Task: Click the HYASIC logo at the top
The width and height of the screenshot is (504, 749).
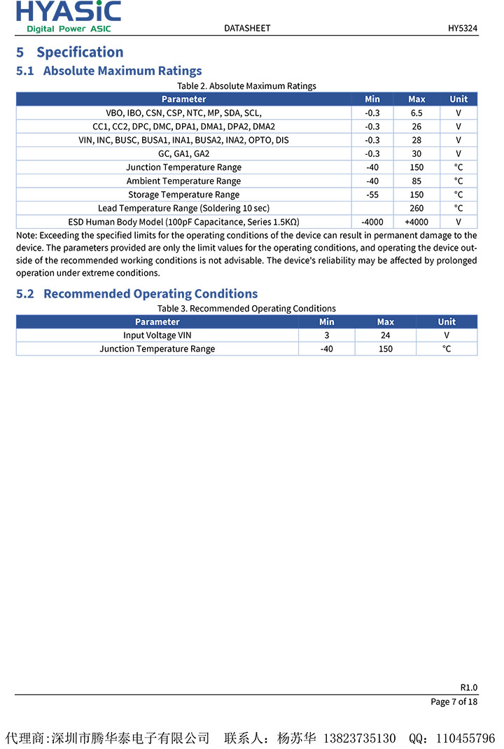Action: pyautogui.click(x=69, y=16)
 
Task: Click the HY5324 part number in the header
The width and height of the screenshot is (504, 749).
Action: pyautogui.click(x=463, y=28)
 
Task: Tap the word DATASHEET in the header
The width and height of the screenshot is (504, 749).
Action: pyautogui.click(x=247, y=28)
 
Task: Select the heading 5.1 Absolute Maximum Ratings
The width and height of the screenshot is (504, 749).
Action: pyautogui.click(x=108, y=71)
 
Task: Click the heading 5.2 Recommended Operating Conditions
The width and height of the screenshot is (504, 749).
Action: pyautogui.click(x=136, y=294)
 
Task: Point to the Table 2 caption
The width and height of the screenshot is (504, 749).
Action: pyautogui.click(x=246, y=86)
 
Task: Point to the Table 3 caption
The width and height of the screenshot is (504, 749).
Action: pyautogui.click(x=246, y=309)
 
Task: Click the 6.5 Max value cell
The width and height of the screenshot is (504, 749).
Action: pyautogui.click(x=416, y=113)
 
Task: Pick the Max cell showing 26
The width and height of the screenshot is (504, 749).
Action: pyautogui.click(x=416, y=127)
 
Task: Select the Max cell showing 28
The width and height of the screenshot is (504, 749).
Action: pyautogui.click(x=416, y=140)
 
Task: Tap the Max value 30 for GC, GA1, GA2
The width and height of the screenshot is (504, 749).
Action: pyautogui.click(x=416, y=154)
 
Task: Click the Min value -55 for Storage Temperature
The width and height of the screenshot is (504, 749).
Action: pyautogui.click(x=372, y=195)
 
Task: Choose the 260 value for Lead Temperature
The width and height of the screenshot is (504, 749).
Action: pyautogui.click(x=416, y=208)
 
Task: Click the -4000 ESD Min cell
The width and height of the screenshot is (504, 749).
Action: pyautogui.click(x=372, y=222)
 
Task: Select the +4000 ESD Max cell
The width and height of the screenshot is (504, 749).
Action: pyautogui.click(x=416, y=222)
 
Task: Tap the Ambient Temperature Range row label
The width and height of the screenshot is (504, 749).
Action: pyautogui.click(x=183, y=181)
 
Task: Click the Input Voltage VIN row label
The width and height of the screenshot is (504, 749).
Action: pyautogui.click(x=157, y=335)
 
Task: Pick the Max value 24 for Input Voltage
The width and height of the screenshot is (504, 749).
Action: pyautogui.click(x=386, y=335)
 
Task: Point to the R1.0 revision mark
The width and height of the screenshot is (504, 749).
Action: pyautogui.click(x=468, y=687)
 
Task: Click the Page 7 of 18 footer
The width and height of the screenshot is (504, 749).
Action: pyautogui.click(x=454, y=701)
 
